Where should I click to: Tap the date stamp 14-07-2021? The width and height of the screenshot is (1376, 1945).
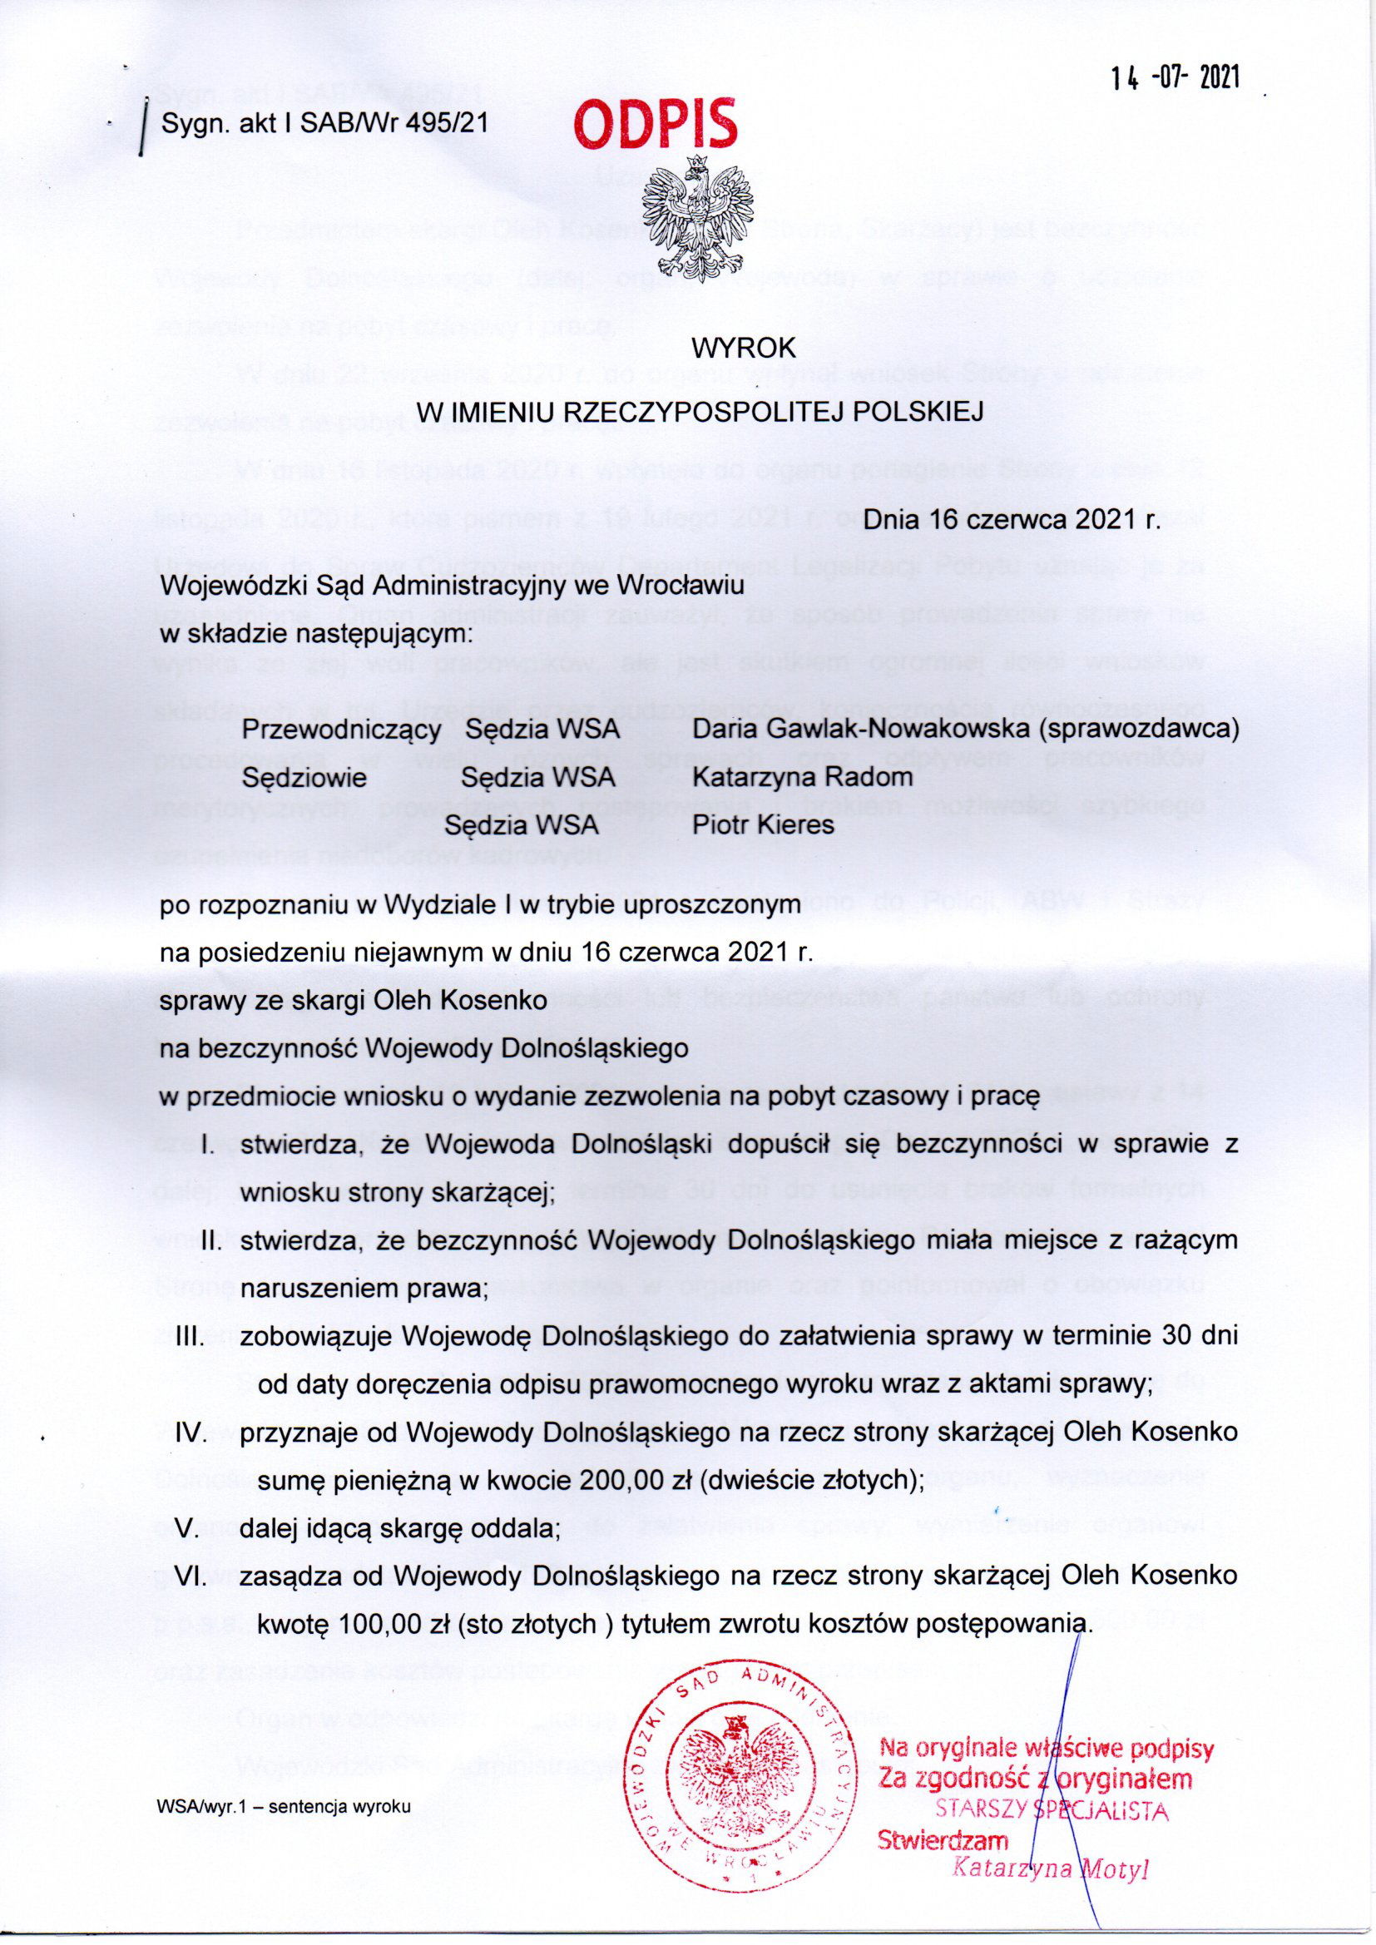coord(1176,78)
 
